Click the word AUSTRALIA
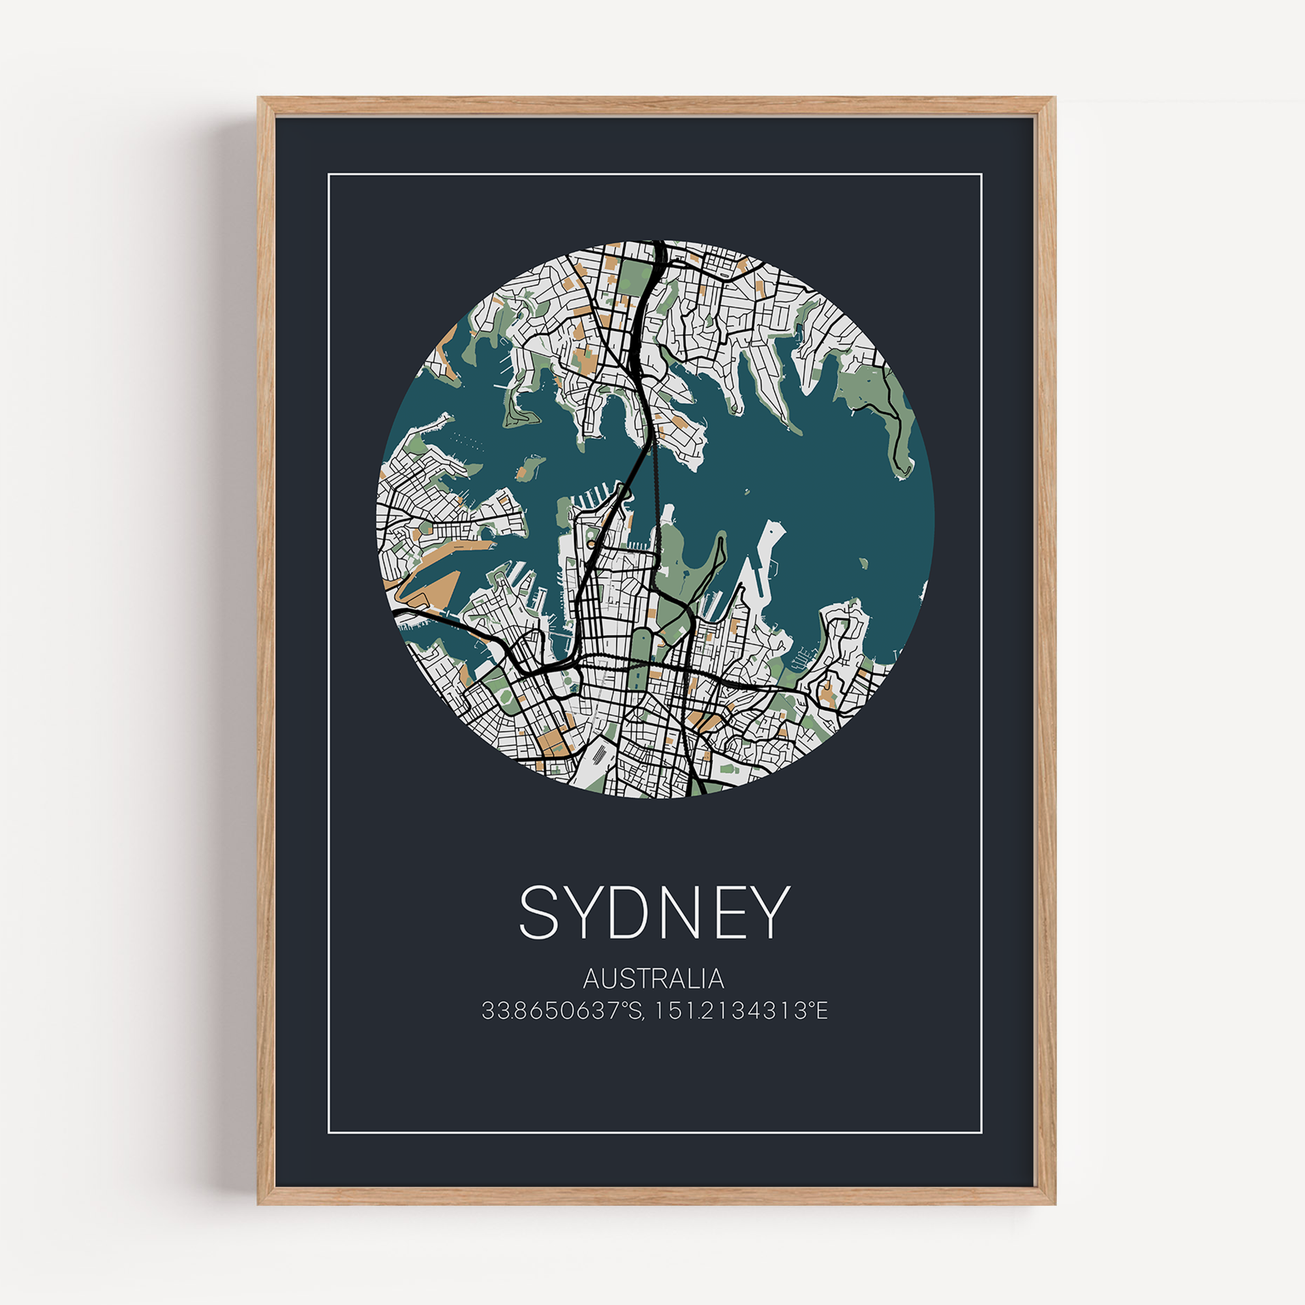click(x=653, y=979)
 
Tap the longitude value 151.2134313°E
click(x=741, y=1011)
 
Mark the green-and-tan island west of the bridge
click(x=530, y=466)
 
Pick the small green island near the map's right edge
click(x=863, y=562)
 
